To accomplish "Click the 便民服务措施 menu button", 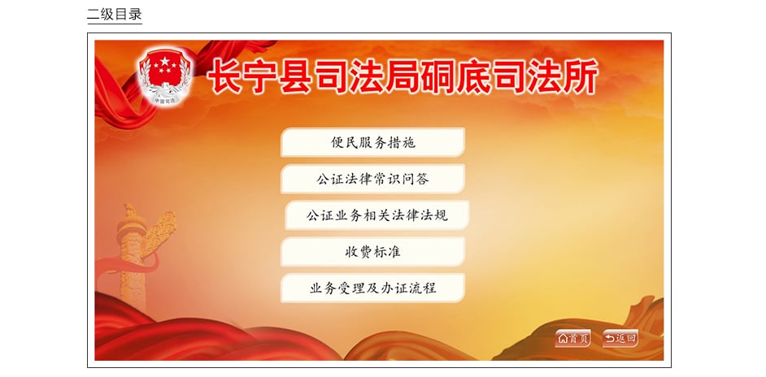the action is (372, 143).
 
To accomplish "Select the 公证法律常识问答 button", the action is (372, 179).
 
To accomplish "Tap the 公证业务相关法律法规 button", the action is (376, 214).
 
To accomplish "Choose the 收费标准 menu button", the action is (372, 252).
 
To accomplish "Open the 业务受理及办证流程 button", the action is (372, 288).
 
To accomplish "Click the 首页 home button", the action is (573, 338).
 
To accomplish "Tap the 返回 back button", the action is (620, 338).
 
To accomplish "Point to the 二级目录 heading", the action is (115, 14).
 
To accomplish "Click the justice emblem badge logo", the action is (165, 76).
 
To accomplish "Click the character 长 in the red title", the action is (224, 76).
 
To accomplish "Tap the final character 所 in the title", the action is (581, 76).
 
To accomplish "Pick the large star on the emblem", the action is (164, 62).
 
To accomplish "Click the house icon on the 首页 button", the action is (564, 339).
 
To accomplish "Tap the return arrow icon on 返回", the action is (610, 339).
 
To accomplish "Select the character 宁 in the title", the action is (261, 76).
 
